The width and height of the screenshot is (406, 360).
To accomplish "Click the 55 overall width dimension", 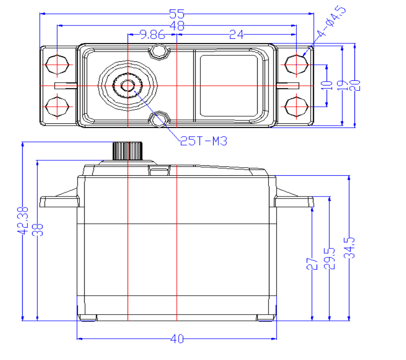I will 176,15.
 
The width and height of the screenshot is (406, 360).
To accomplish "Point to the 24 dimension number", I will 236,34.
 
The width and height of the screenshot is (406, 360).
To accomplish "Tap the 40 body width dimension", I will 176,339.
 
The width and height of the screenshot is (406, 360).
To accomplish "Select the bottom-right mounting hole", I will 297,105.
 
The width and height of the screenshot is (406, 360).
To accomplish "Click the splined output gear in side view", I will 128,151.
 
